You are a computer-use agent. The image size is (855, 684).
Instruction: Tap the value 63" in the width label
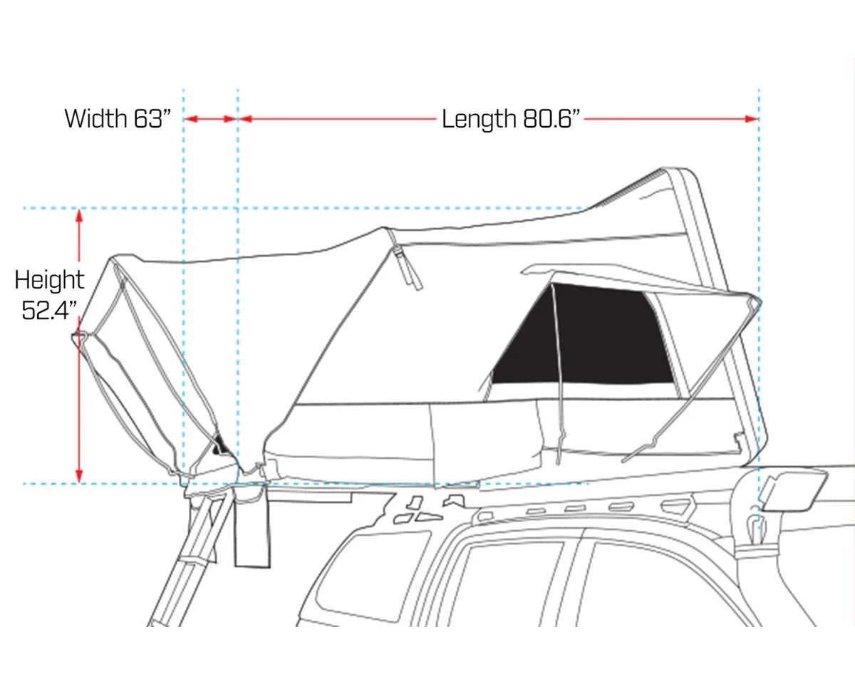coord(151,118)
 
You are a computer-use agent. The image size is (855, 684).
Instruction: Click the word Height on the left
coord(49,279)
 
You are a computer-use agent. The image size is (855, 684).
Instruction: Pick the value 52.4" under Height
coord(49,311)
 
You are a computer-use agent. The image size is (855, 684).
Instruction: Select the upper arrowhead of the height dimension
coord(79,214)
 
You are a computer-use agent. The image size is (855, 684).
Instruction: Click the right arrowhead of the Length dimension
coord(752,118)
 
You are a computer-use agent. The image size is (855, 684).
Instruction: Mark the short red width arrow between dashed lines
coord(211,118)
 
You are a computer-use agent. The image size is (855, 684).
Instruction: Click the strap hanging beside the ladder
coord(253,531)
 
